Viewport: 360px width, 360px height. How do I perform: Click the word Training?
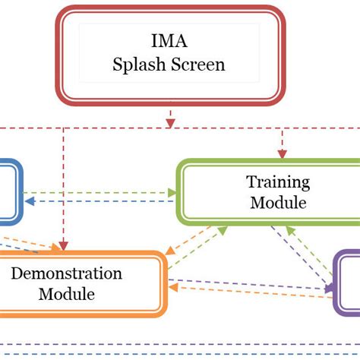coord(278,182)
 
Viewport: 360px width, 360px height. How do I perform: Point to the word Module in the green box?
coord(278,203)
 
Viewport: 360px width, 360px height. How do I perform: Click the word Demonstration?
coord(67,273)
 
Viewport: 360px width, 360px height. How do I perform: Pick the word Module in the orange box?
coord(67,294)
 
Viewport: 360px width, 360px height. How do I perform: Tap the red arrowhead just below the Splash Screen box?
coord(170,121)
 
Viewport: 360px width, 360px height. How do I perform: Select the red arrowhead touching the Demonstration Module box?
coord(64,247)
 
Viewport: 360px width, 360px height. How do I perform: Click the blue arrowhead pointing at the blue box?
coord(29,202)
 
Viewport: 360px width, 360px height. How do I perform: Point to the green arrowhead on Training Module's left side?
coord(173,193)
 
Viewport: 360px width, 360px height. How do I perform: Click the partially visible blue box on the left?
coord(9,191)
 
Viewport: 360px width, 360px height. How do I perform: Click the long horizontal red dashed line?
coord(114,128)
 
